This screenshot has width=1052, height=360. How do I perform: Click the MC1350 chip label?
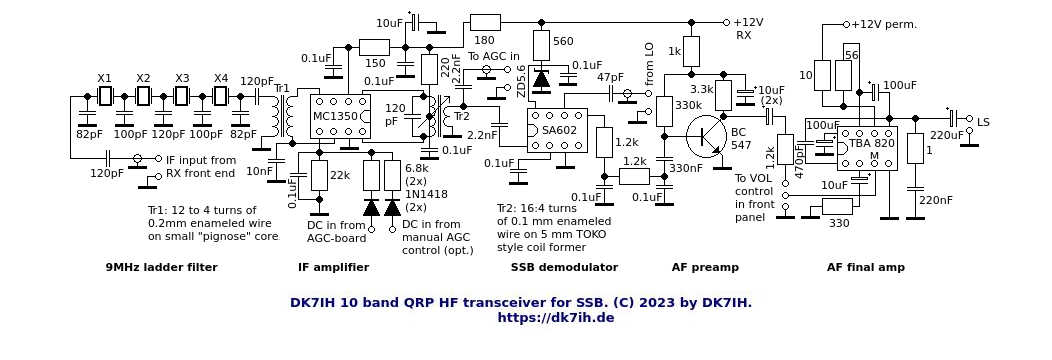[x=335, y=117]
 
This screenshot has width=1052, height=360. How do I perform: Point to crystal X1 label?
[x=105, y=78]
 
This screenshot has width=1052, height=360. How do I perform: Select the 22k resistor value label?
[x=340, y=176]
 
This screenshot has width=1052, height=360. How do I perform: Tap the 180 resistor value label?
[x=484, y=40]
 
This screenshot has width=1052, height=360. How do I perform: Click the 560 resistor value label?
[x=563, y=42]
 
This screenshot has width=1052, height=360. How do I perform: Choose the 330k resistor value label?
[x=688, y=105]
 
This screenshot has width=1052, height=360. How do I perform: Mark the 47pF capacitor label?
[x=610, y=77]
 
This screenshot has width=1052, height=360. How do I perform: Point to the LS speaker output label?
[x=983, y=122]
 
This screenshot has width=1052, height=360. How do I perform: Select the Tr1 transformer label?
[x=281, y=88]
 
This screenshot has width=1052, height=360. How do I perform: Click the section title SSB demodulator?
[x=564, y=267]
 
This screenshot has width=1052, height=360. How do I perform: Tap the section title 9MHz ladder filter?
[x=161, y=267]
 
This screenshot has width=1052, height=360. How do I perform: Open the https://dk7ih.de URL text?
[x=555, y=318]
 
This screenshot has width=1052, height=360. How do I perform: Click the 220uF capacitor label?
[x=947, y=135]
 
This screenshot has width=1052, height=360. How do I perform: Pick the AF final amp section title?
[x=865, y=267]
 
